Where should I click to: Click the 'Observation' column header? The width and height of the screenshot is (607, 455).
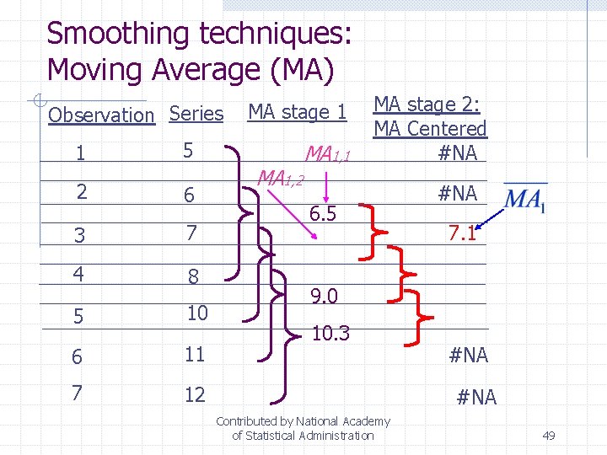(101, 115)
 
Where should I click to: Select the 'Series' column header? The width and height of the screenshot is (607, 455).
(196, 114)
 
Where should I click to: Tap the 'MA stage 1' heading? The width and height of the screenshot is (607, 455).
(297, 112)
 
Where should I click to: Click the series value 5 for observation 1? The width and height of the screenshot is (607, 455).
(189, 151)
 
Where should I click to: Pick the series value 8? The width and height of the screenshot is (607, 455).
(193, 276)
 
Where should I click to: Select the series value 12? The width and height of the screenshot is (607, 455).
(195, 394)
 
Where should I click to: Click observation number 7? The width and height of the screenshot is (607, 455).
(77, 393)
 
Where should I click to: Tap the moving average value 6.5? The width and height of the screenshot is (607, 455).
(322, 214)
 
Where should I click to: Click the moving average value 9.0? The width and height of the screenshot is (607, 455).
(324, 297)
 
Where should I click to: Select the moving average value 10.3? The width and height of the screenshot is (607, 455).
(330, 335)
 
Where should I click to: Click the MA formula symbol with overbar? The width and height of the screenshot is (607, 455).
(524, 200)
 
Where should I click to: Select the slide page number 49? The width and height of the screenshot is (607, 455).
(548, 436)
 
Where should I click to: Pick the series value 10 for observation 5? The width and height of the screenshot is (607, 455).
(196, 313)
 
